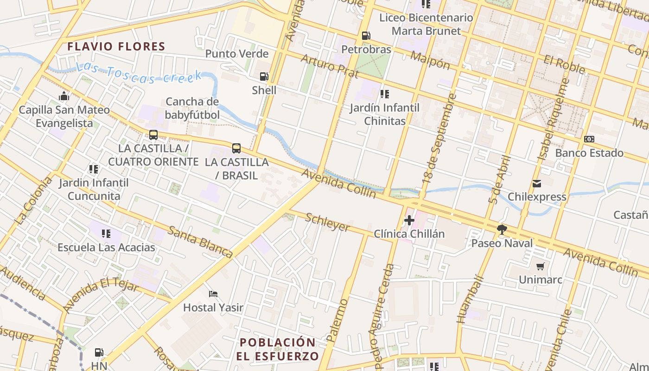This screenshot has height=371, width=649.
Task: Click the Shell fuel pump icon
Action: coord(264,77)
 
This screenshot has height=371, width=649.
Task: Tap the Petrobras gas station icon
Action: coord(366,36)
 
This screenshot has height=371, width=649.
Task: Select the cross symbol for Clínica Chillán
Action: coord(409,220)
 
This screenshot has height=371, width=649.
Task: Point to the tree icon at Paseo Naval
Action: coord(502,230)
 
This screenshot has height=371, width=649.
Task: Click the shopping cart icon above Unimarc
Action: coord(540,266)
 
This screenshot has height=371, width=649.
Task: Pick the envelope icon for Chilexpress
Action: coord(537,184)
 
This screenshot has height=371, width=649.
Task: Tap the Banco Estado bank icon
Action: coord(589,139)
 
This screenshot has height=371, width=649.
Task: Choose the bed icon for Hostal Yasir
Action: coord(213,294)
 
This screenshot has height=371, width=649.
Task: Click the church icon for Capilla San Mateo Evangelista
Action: coord(64,96)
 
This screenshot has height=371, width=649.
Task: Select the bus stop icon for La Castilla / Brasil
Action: coord(236,148)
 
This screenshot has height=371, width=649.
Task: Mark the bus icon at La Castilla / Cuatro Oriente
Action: coord(153,135)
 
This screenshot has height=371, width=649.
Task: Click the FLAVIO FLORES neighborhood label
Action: coord(116,46)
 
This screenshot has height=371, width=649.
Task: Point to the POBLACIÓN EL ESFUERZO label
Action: coord(278,349)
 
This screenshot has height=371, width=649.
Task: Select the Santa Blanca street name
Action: coord(200,242)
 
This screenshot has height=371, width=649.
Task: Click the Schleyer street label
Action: coord(328,223)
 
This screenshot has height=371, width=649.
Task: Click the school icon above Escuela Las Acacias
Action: coord(106,234)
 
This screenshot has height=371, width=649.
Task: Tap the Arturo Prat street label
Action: coord(330,66)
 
